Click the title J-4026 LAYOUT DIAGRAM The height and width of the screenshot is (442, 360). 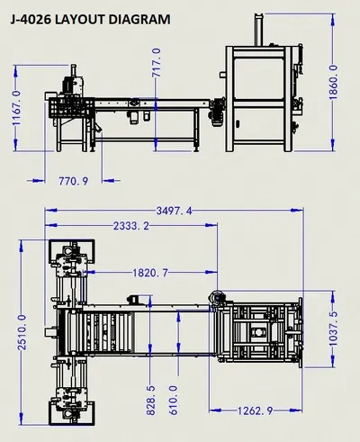point(90,20)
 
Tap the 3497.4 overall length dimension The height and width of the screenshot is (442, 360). point(174,211)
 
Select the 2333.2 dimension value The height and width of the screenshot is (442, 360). point(131,226)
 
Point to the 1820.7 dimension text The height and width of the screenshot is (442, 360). point(150,273)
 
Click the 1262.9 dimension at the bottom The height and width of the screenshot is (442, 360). point(256,410)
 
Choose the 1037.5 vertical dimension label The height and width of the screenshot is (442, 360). point(333,329)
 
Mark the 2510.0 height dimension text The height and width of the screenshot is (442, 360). point(22,332)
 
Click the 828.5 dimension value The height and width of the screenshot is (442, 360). point(151,401)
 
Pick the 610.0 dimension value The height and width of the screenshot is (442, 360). point(174,401)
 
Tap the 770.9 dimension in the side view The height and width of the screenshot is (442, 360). point(74,181)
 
